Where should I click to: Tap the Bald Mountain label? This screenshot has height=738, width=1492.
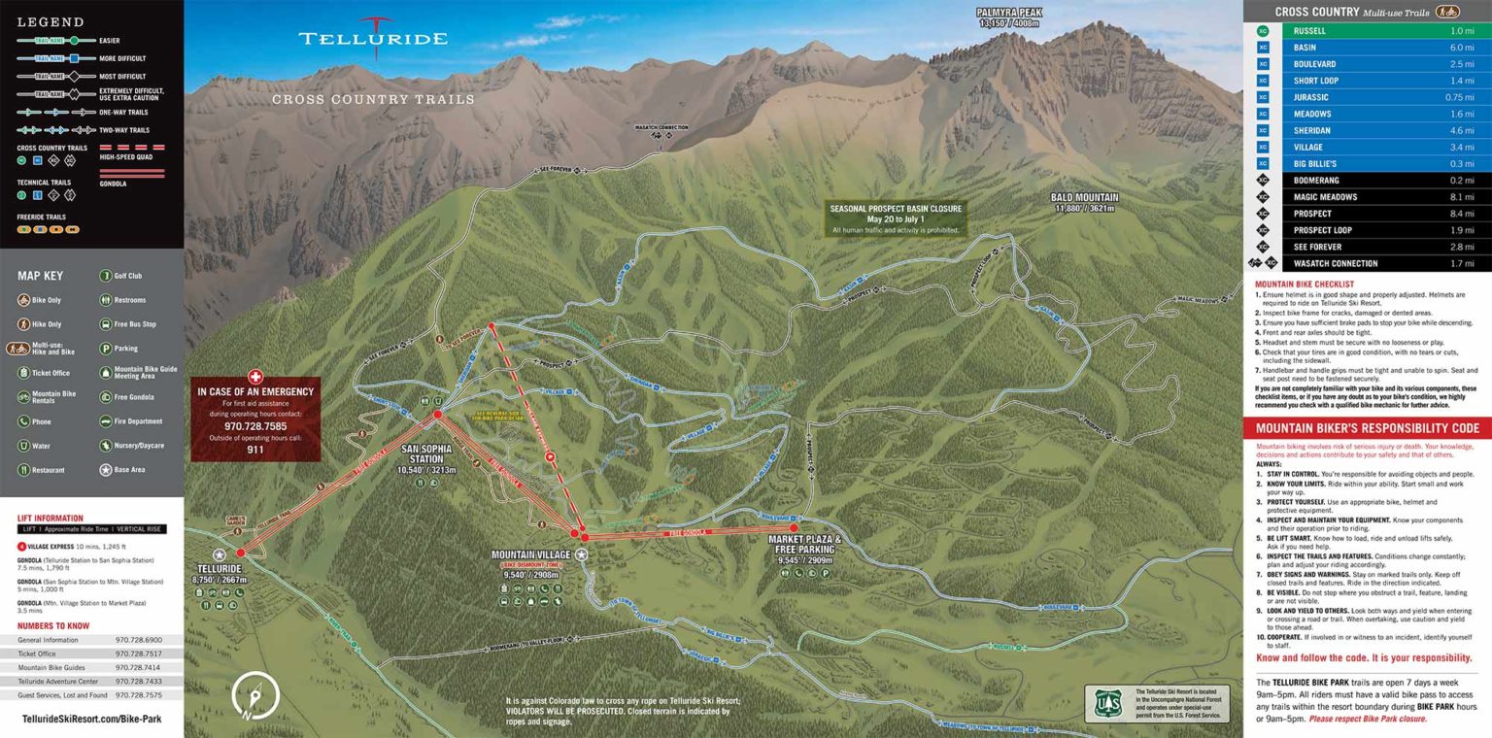pyautogui.click(x=1084, y=196)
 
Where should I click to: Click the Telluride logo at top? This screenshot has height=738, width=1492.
pyautogui.click(x=373, y=37)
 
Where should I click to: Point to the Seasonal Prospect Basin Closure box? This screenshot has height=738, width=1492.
pyautogui.click(x=895, y=218)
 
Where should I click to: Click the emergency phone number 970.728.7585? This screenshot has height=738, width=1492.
pyautogui.click(x=255, y=426)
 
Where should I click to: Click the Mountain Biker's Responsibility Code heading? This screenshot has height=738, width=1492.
pyautogui.click(x=1367, y=428)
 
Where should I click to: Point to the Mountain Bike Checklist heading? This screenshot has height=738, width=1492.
pyautogui.click(x=1305, y=285)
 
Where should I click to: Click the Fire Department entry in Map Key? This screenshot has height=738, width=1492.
pyautogui.click(x=138, y=421)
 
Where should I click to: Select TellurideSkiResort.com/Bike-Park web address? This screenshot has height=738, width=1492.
pyautogui.click(x=91, y=720)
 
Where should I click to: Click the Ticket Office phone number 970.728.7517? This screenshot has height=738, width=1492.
pyautogui.click(x=138, y=654)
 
